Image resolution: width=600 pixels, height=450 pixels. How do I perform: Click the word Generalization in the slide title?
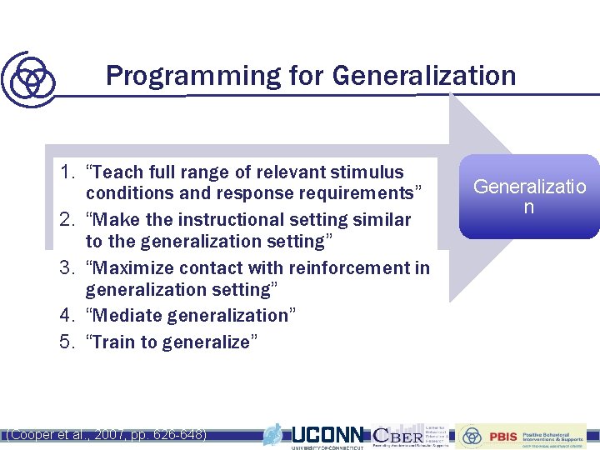click(423, 77)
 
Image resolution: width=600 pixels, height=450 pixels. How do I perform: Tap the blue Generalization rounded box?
click(529, 197)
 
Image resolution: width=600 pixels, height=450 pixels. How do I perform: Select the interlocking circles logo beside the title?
click(30, 79)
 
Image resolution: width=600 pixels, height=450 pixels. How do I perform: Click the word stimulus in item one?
click(373, 173)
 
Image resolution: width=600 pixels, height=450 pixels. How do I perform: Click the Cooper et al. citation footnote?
click(106, 435)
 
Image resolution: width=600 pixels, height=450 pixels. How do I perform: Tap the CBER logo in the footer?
click(398, 435)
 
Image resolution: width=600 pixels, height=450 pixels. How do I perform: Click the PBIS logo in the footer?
click(502, 436)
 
